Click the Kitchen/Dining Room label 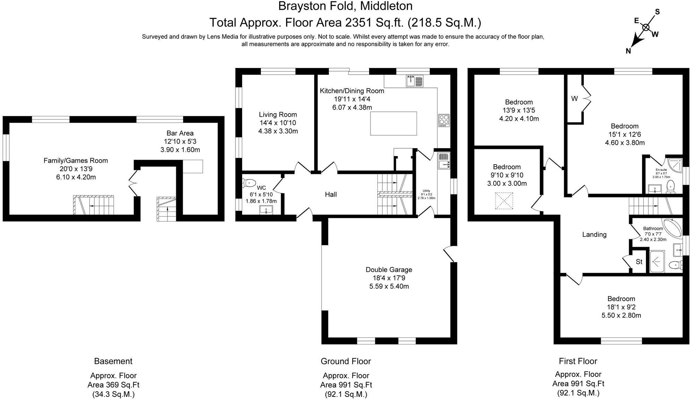click(352, 91)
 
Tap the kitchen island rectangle click(393, 123)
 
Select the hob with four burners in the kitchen click(443, 120)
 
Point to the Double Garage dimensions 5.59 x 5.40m click(389, 286)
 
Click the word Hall click(331, 194)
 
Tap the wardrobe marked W click(574, 99)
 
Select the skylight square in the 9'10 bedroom click(504, 201)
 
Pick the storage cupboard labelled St click(639, 262)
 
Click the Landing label click(594, 235)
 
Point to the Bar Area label click(180, 133)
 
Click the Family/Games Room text click(76, 161)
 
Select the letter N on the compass click(628, 51)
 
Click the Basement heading click(113, 361)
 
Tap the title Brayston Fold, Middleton click(345, 6)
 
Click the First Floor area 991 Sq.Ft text click(578, 384)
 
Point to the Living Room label click(278, 115)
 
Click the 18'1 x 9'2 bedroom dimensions click(621, 307)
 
